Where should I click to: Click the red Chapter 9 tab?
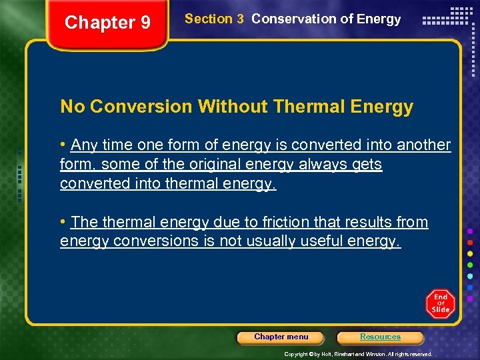coord(108,23)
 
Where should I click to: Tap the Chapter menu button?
coord(281,337)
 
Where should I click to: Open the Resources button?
coord(380,337)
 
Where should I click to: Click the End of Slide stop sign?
coord(440,303)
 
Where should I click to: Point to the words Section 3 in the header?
coord(214,19)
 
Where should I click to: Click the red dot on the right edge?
coord(471,241)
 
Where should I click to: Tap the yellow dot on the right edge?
coord(471,253)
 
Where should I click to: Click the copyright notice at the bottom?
coord(358,354)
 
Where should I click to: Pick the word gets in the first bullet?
coord(367,165)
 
